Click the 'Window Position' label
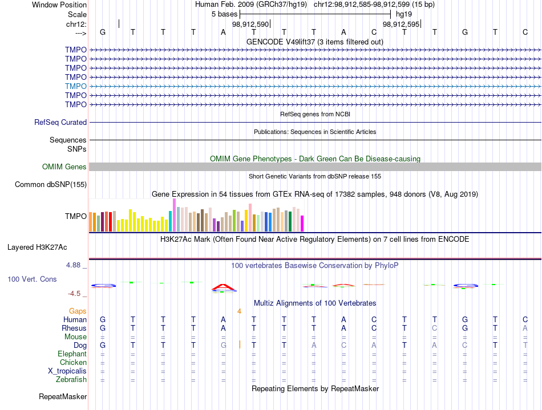click(x=59, y=5)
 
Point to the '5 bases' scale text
click(x=225, y=14)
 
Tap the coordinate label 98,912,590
click(x=250, y=24)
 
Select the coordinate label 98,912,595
click(x=401, y=24)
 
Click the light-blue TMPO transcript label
click(x=76, y=86)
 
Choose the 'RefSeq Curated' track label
click(x=60, y=122)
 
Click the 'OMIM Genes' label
click(x=64, y=167)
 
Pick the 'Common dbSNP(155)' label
click(x=51, y=184)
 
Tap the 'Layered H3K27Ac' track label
click(x=37, y=247)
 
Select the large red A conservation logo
click(x=224, y=287)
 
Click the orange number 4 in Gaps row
click(x=239, y=311)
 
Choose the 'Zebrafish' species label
click(x=71, y=380)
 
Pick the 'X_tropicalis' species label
click(x=67, y=371)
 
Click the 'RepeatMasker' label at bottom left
click(x=63, y=396)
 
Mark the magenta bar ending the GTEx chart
click(x=302, y=224)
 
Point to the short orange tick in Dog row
click(x=240, y=344)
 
